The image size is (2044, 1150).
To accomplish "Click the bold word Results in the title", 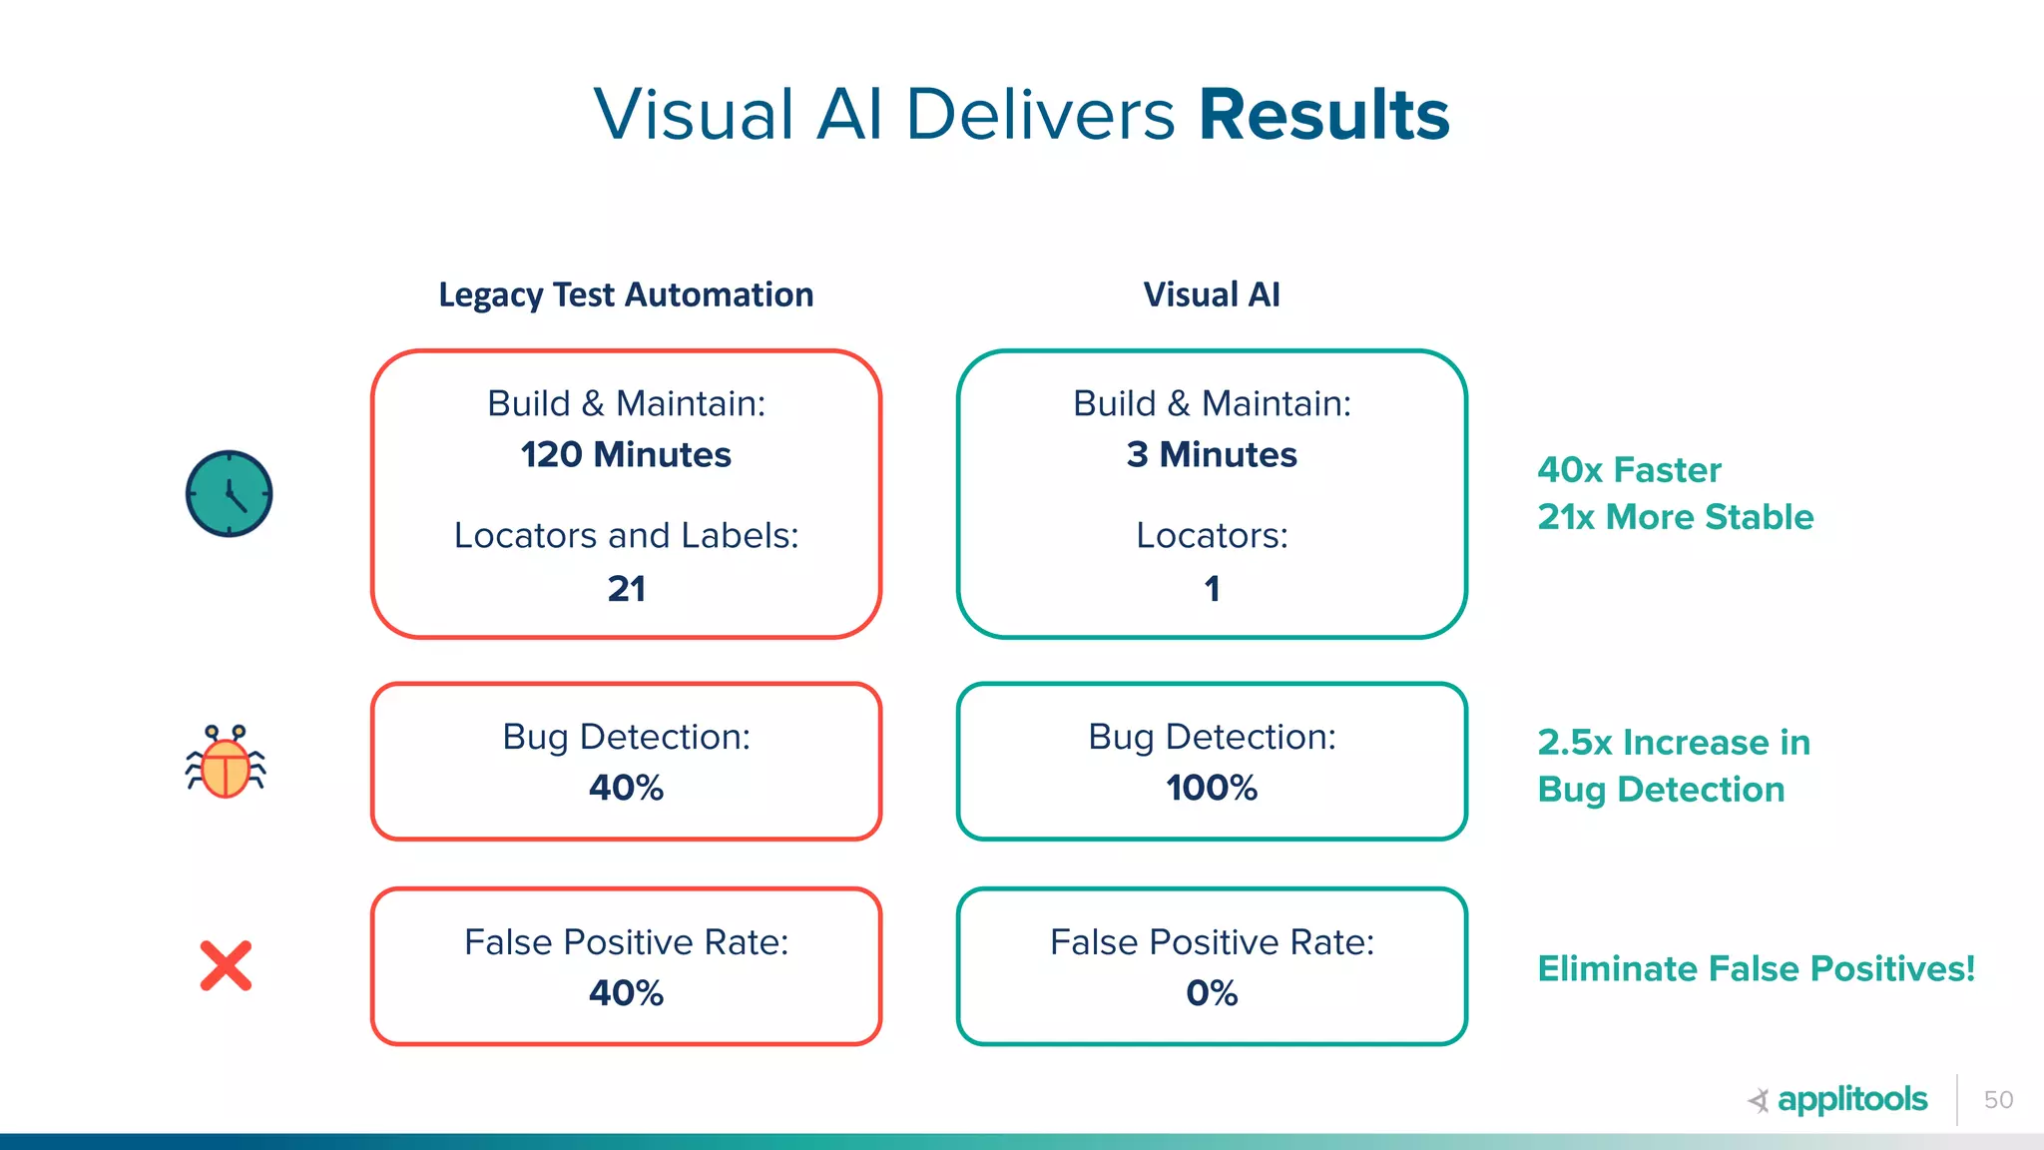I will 1323,115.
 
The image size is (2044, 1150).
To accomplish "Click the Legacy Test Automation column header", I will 626,294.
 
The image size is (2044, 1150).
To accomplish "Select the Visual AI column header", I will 1211,294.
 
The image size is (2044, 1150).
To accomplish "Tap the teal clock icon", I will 229,494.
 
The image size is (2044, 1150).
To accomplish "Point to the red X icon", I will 226,966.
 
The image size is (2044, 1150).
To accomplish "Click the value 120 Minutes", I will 626,455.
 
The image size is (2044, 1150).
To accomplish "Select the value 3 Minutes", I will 1211,455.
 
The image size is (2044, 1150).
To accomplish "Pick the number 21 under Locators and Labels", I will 626,589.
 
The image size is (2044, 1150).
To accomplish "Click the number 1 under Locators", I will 1212,589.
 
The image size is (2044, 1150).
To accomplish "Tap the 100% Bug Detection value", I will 1211,789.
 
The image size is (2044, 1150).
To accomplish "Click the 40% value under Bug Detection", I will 626,789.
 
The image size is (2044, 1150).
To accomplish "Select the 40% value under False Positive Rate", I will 626,993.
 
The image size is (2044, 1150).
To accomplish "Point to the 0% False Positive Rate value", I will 1211,993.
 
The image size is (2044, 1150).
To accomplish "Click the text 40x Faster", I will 1629,470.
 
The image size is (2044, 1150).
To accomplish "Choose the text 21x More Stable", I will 1675,517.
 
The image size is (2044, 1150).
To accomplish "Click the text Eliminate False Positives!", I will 1756,969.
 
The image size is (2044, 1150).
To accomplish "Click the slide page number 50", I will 1998,1100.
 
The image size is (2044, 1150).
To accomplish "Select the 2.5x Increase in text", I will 1674,743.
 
